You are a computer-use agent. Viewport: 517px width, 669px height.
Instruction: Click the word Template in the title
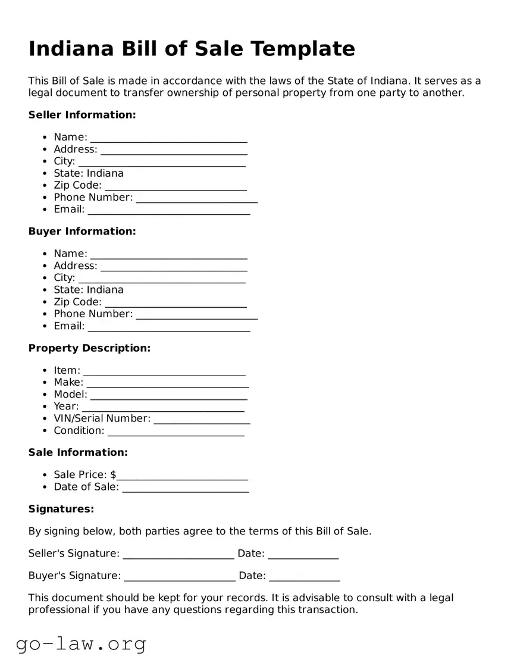click(x=303, y=49)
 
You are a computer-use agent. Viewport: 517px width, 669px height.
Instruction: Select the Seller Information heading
click(x=82, y=115)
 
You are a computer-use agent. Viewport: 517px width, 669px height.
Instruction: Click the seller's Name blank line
click(x=168, y=139)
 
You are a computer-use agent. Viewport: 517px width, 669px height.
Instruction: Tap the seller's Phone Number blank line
click(x=196, y=199)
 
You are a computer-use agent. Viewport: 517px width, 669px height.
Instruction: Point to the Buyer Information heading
click(x=82, y=232)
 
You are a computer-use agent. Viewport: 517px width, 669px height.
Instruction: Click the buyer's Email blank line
click(x=168, y=327)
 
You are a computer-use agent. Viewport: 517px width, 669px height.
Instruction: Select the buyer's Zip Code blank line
click(x=176, y=304)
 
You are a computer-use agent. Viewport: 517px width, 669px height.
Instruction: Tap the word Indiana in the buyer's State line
click(x=105, y=290)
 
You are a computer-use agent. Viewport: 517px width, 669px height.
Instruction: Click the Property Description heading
click(x=89, y=348)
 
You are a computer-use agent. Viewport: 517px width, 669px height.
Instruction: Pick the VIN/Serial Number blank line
click(x=202, y=420)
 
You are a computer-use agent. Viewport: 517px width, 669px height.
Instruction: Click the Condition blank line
click(x=176, y=432)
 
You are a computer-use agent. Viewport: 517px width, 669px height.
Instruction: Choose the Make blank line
click(x=167, y=384)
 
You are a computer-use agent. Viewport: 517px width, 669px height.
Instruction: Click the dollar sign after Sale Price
click(x=113, y=475)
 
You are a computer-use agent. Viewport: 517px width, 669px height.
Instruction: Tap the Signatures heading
click(x=61, y=509)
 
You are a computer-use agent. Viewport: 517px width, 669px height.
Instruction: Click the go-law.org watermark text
click(x=81, y=644)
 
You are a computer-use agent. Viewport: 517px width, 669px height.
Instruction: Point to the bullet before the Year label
click(x=46, y=407)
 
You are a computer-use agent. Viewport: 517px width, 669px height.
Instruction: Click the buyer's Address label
click(x=76, y=266)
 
